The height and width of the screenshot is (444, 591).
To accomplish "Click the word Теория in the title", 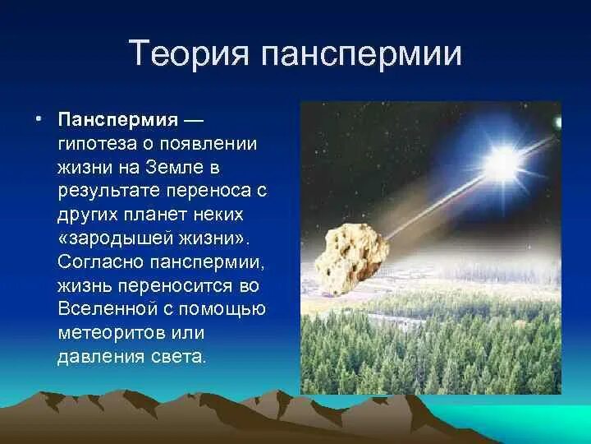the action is click(x=189, y=53).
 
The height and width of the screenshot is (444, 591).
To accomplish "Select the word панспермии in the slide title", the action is click(x=361, y=53).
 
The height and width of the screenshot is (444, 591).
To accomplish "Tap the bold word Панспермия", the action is click(x=118, y=120).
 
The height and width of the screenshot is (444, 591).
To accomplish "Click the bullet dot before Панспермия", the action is click(x=39, y=118).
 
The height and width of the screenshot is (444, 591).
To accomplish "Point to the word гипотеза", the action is click(x=97, y=144).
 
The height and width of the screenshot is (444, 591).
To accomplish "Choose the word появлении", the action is click(x=208, y=144).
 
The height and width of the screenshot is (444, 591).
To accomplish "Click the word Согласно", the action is click(x=101, y=261).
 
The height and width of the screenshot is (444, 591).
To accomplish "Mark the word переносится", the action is click(x=176, y=286).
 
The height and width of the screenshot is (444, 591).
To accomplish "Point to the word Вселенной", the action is click(x=108, y=308).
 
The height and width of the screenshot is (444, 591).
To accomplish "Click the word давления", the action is click(x=101, y=356).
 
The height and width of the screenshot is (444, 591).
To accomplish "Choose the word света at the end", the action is click(x=179, y=356).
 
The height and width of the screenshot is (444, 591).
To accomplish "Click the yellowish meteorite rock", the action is click(x=351, y=258).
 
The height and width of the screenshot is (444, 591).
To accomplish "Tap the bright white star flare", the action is click(x=502, y=164).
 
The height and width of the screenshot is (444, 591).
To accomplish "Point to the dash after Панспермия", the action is click(x=194, y=121).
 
